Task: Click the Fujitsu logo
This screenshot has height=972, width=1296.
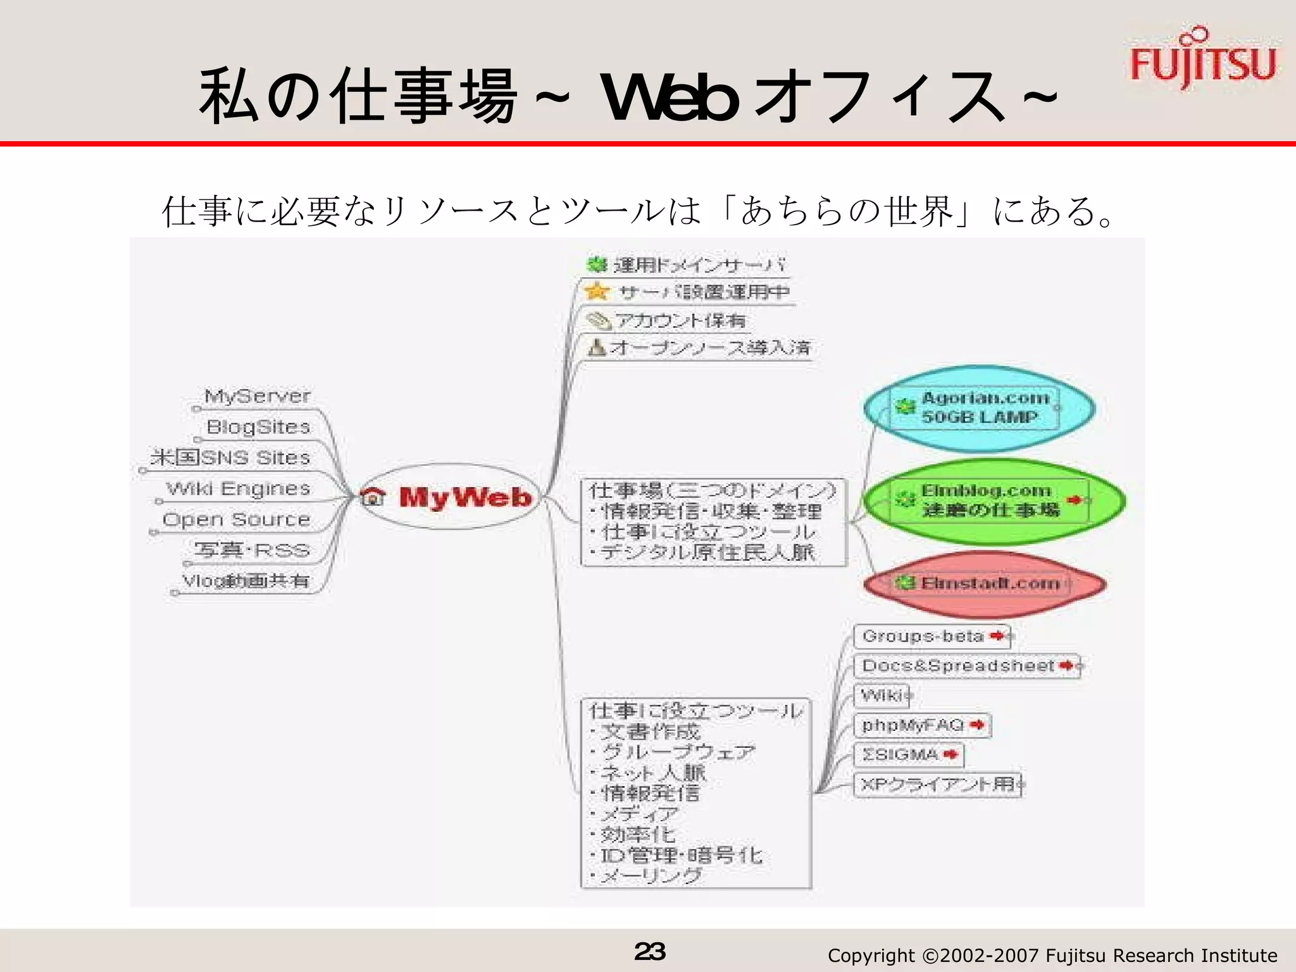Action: [x=1202, y=60]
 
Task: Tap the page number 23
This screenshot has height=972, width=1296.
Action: [x=650, y=951]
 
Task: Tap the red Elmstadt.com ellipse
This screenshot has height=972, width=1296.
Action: [x=985, y=583]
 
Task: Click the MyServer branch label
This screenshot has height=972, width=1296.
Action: [x=257, y=397]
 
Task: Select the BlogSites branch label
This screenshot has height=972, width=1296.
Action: [x=258, y=427]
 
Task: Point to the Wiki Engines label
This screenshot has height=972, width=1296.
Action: [x=238, y=489]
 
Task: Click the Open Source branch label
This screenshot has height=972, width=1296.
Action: [x=236, y=520]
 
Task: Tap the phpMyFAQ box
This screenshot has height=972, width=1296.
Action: [x=921, y=725]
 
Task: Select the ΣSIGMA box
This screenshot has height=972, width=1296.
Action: [x=908, y=754]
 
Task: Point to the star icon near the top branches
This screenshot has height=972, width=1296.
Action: [x=596, y=292]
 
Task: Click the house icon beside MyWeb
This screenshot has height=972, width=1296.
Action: [x=374, y=497]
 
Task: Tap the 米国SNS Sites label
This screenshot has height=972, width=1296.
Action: [x=230, y=458]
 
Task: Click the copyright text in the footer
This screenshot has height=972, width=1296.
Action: [x=1052, y=955]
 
